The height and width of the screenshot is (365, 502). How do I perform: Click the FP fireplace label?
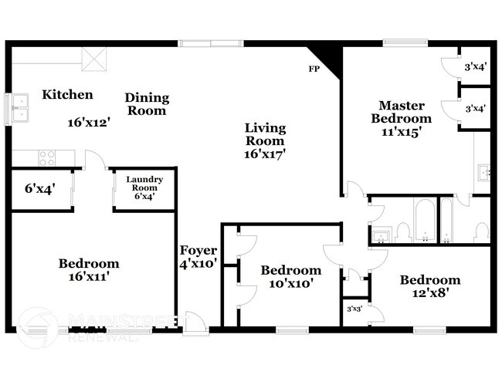click(314, 69)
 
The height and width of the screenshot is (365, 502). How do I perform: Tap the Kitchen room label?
click(67, 95)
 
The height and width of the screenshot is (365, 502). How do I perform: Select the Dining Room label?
click(147, 104)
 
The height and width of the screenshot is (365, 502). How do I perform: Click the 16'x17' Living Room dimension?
click(265, 154)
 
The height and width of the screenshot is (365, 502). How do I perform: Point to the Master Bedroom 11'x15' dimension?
click(401, 132)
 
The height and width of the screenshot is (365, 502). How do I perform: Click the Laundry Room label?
click(144, 184)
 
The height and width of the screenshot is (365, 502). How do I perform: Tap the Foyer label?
click(198, 250)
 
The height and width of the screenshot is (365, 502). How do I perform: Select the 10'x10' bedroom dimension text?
click(290, 283)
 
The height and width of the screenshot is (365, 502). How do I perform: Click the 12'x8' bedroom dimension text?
click(429, 293)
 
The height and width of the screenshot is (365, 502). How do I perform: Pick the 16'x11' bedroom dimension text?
click(90, 276)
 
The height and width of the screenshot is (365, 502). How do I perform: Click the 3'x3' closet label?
click(354, 309)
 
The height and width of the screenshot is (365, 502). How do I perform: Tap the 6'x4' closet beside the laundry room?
click(40, 189)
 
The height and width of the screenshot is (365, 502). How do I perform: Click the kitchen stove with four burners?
click(47, 158)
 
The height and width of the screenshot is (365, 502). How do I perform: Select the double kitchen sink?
click(20, 108)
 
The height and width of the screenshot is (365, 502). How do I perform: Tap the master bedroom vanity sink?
click(483, 173)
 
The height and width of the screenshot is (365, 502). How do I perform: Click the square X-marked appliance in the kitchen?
click(93, 59)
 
